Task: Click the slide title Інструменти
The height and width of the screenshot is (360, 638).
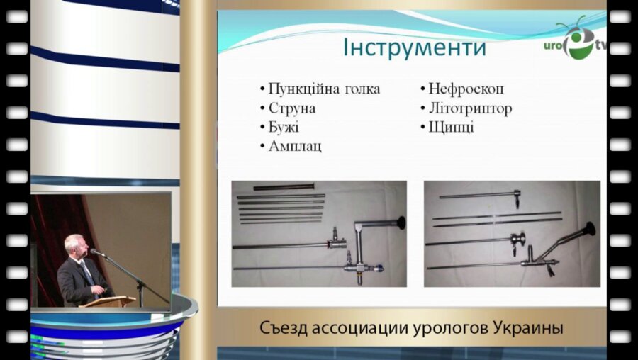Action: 415,48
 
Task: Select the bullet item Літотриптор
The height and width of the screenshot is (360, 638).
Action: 470,108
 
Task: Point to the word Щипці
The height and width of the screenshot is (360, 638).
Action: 451,128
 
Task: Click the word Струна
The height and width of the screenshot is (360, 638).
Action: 292,108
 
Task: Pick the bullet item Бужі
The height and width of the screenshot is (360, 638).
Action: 284,128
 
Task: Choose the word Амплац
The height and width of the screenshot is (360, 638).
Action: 295,146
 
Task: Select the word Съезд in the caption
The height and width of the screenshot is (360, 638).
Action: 283,330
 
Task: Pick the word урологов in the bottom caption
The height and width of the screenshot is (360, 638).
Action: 455,330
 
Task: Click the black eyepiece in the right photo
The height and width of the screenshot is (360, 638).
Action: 588,231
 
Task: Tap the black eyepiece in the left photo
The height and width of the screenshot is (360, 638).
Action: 401,222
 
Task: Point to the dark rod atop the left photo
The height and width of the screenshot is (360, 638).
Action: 284,188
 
